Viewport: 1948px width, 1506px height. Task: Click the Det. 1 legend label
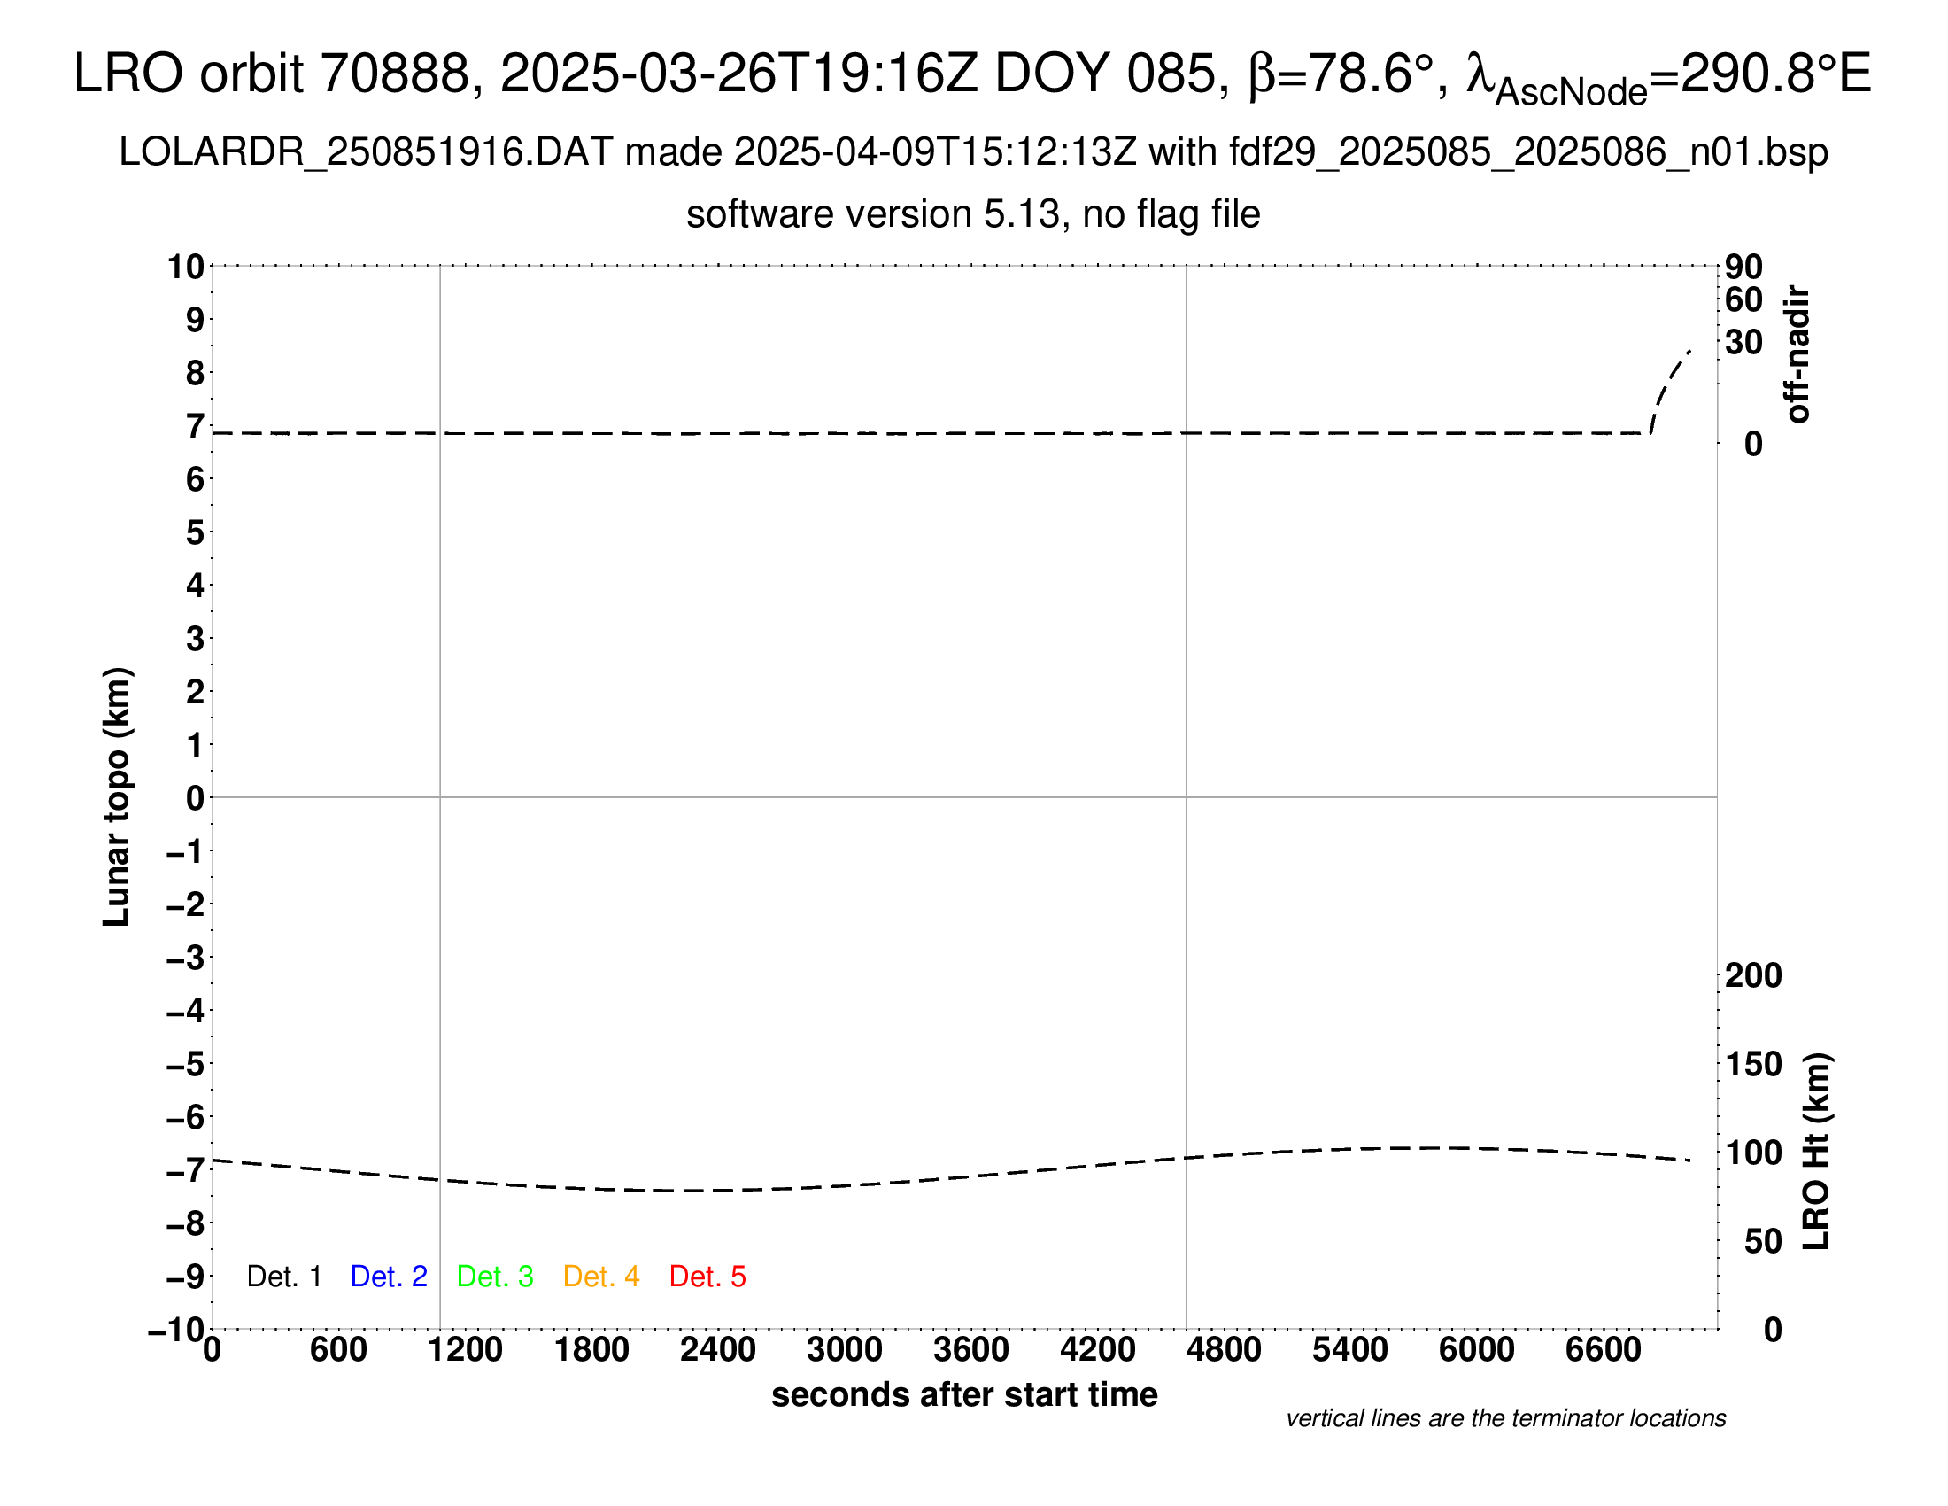pos(283,1277)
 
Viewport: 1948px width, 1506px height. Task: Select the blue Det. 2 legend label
pos(389,1277)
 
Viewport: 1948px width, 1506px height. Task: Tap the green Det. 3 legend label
pos(495,1277)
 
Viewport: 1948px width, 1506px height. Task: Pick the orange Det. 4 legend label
pos(601,1277)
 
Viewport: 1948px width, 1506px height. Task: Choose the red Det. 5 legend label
pos(707,1277)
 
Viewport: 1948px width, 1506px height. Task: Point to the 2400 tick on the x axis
pos(718,1350)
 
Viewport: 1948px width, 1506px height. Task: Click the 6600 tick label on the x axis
pos(1603,1350)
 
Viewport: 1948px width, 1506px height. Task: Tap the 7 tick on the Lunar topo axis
pos(195,426)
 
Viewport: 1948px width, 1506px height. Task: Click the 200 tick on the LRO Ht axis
pos(1753,976)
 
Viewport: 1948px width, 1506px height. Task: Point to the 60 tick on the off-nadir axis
pos(1743,299)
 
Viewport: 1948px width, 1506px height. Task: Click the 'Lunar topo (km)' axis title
pos(117,796)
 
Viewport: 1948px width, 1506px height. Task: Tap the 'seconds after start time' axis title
pos(964,1394)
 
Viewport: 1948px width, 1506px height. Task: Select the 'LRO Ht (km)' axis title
pos(1816,1152)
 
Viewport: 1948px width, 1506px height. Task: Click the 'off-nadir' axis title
pos(1798,354)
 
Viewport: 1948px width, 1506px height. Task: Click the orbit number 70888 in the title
pos(395,74)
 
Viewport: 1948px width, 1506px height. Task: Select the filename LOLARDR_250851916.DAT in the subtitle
pos(366,152)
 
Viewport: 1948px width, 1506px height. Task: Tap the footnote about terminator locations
pos(1505,1418)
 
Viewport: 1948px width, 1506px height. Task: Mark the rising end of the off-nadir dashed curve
pos(1689,352)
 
